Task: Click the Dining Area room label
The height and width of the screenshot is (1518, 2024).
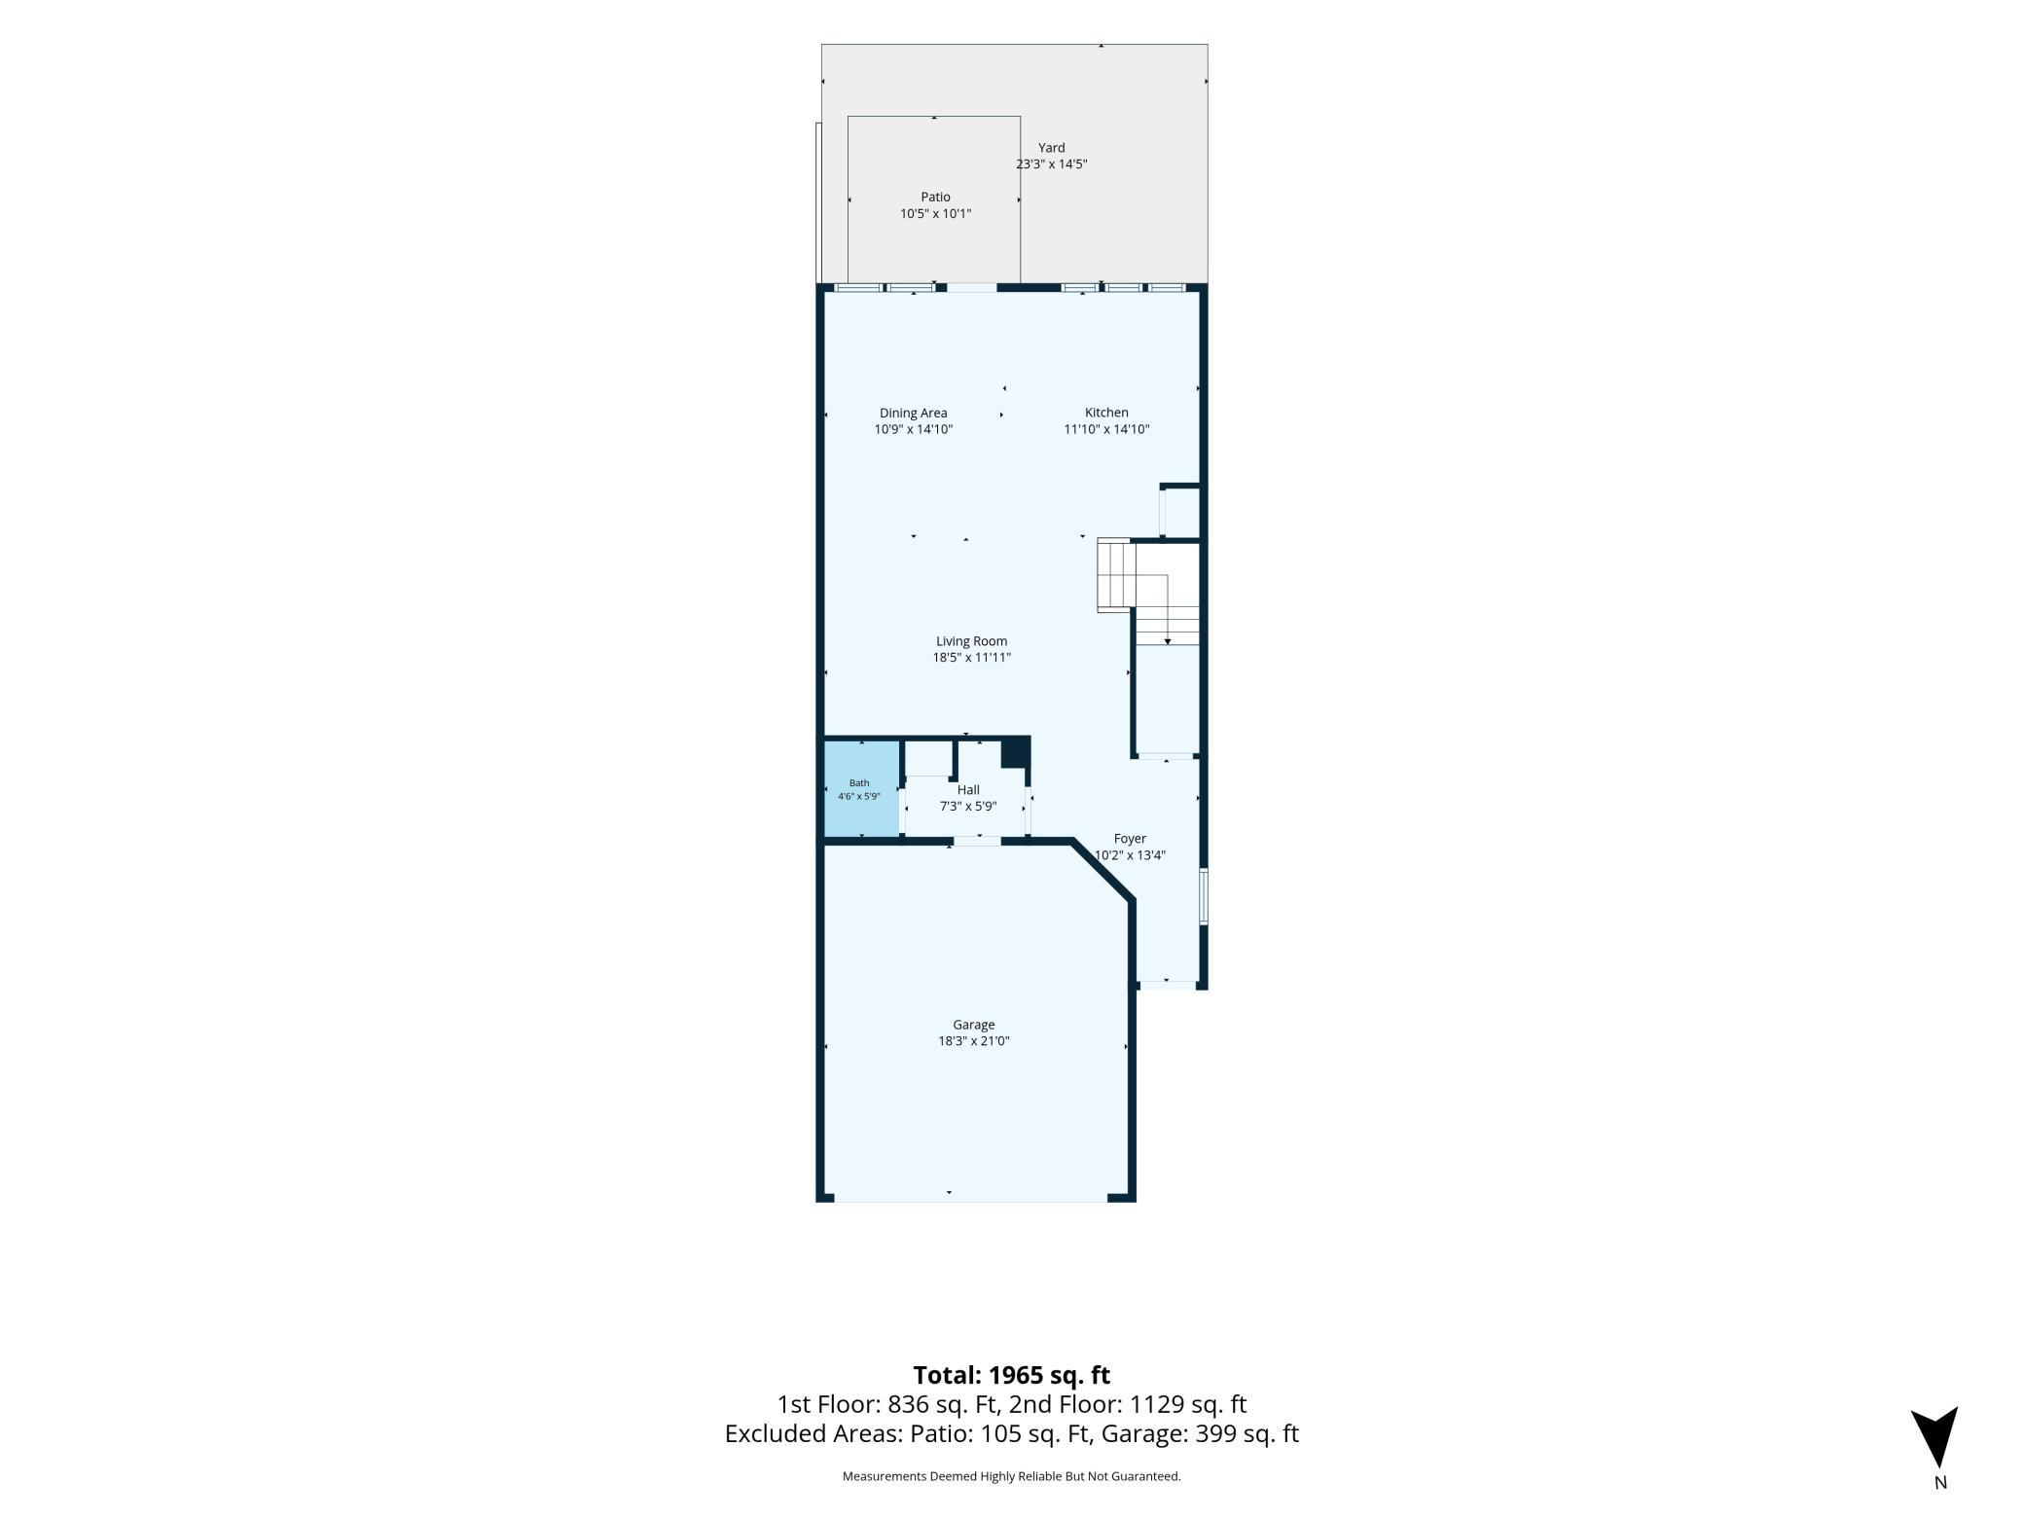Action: coord(913,413)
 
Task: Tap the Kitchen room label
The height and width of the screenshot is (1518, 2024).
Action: coord(1106,413)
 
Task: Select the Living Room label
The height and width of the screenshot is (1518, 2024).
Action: coord(971,641)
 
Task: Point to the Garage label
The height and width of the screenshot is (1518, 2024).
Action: coord(973,1025)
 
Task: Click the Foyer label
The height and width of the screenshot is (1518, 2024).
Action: coord(1130,839)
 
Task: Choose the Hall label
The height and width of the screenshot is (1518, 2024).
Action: coord(968,790)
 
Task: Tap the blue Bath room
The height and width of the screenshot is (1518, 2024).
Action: coord(862,788)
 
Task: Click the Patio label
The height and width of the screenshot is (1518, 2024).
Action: coord(935,198)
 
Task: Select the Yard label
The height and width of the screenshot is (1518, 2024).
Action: coord(1051,148)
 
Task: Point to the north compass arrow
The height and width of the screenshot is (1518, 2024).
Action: coord(1934,1436)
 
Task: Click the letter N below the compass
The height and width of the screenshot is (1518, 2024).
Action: coord(1940,1483)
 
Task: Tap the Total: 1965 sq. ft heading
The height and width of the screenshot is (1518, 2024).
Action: coord(1011,1375)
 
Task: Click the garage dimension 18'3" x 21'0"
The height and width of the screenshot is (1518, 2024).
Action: coord(973,1041)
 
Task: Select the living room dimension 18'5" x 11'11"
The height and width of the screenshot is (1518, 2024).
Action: coord(971,658)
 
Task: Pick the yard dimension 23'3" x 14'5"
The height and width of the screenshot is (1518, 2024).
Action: coord(1051,164)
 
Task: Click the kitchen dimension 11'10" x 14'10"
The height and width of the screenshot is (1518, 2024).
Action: coord(1106,429)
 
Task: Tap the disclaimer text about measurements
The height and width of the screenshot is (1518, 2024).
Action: coord(1011,1476)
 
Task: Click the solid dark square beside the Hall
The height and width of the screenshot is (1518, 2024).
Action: coord(1015,752)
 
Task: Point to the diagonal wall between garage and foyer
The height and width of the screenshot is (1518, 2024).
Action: coord(1102,869)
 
